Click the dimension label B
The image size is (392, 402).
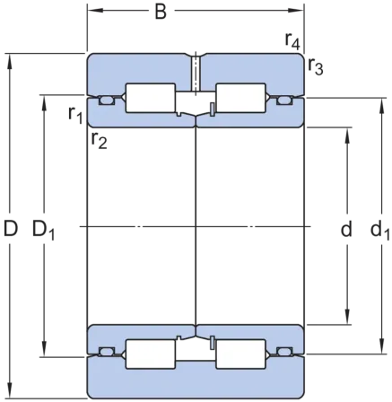pos(161,13)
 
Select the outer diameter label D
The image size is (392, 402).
pos(11,229)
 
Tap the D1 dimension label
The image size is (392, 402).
pos(43,230)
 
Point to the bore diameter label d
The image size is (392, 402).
pos(346,229)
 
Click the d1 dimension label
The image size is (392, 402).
pos(380,231)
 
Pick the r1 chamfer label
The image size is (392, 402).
pos(75,115)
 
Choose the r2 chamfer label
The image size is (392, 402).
pos(100,140)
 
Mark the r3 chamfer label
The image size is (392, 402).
pos(316,66)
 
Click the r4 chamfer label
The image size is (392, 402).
pos(292,41)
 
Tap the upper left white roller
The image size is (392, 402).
pos(151,98)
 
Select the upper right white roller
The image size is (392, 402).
pos(240,98)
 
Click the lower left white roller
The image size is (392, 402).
pos(151,354)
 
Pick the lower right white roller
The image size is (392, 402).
pos(240,354)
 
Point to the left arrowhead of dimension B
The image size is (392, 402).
pos(95,11)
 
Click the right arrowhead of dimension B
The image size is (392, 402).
pos(296,11)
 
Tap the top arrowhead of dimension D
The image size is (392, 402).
pos(10,62)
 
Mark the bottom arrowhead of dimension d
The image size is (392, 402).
pos(347,317)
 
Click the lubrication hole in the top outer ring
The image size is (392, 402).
pos(196,74)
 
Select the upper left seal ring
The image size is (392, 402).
pos(107,100)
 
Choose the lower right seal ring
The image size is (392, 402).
pos(284,352)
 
